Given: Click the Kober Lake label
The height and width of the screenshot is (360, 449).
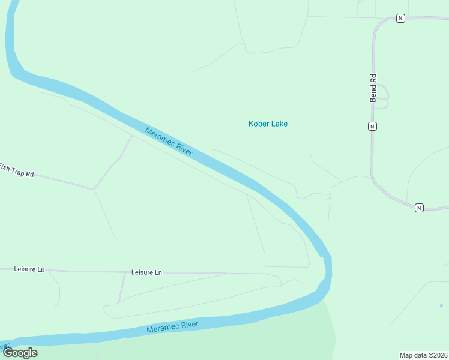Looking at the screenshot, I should pyautogui.click(x=268, y=124).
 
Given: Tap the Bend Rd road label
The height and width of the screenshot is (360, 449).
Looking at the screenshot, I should pyautogui.click(x=373, y=88).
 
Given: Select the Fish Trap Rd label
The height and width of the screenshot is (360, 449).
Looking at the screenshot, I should pyautogui.click(x=16, y=170).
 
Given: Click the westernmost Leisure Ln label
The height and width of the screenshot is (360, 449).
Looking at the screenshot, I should pyautogui.click(x=29, y=269).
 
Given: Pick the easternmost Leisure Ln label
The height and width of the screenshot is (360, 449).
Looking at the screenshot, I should pyautogui.click(x=146, y=272).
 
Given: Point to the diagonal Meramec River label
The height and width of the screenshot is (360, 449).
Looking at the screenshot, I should pyautogui.click(x=169, y=142).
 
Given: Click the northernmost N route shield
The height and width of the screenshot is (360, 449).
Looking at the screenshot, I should pyautogui.click(x=400, y=18).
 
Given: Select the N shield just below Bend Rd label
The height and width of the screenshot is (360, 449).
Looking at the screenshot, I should pyautogui.click(x=372, y=126).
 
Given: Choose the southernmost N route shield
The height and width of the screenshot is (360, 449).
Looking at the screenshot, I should pyautogui.click(x=419, y=208).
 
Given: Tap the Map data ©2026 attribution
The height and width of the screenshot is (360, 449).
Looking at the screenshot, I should pyautogui.click(x=423, y=355).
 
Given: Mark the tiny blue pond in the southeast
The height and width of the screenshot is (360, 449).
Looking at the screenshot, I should pyautogui.click(x=441, y=305).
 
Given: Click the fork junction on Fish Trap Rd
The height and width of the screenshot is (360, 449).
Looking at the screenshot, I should pyautogui.click(x=93, y=189).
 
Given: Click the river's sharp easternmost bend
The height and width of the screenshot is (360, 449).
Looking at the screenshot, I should pyautogui.click(x=328, y=264).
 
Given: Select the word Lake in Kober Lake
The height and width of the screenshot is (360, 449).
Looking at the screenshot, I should pyautogui.click(x=278, y=124).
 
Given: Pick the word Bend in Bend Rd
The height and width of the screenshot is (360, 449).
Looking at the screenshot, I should pyautogui.click(x=373, y=94).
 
